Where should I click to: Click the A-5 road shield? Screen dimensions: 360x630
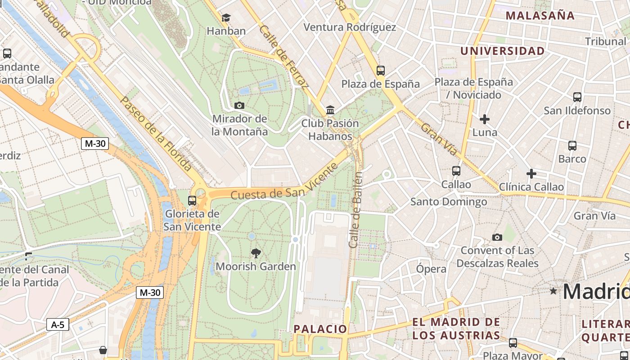click(x=58, y=324)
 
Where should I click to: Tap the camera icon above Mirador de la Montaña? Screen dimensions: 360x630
click(x=239, y=106)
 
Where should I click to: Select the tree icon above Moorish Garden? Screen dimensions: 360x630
click(x=256, y=253)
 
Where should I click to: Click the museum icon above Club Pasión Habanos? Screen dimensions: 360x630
click(x=330, y=110)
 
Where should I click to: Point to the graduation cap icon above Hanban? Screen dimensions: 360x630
click(x=226, y=18)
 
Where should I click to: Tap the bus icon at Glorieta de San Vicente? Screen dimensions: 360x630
click(x=192, y=200)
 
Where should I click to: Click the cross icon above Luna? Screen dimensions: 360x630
click(x=485, y=119)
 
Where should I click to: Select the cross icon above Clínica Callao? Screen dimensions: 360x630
click(x=531, y=174)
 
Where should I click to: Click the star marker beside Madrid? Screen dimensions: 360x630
click(x=553, y=291)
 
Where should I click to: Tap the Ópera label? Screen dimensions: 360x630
click(x=431, y=269)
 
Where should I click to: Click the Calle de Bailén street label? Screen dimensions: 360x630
click(x=356, y=209)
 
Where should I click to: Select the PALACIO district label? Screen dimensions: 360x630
click(x=320, y=329)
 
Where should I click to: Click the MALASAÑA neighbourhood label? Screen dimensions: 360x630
click(x=540, y=16)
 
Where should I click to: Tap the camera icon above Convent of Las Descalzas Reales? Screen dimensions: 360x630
click(x=497, y=237)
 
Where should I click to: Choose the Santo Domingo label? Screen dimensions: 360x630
click(x=449, y=202)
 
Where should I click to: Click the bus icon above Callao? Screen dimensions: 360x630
click(x=456, y=171)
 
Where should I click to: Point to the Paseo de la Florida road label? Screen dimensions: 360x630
click(x=156, y=134)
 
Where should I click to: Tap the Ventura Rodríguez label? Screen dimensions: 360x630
click(x=350, y=27)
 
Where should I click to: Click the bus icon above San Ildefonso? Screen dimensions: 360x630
click(x=577, y=97)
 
